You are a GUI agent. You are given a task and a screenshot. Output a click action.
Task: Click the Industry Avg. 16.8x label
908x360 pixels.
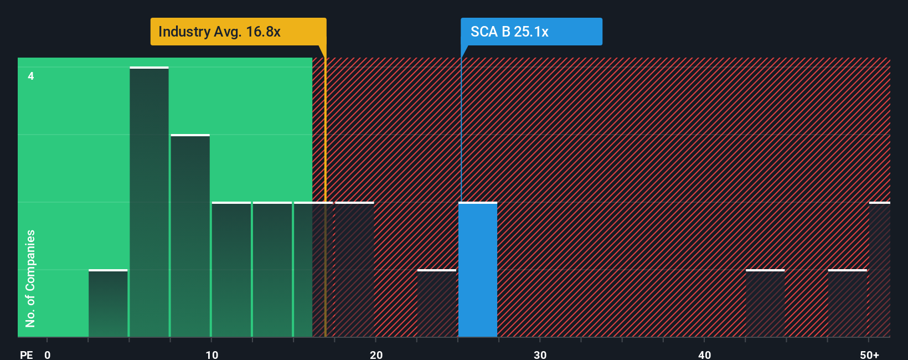point(219,32)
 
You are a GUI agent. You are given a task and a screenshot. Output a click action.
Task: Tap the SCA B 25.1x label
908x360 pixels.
point(509,32)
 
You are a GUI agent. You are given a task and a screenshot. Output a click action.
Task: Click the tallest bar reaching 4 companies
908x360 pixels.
point(149,202)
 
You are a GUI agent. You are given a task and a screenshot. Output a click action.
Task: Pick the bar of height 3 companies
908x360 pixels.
point(190,236)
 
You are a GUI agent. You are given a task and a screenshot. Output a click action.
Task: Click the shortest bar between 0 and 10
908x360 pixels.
point(108,304)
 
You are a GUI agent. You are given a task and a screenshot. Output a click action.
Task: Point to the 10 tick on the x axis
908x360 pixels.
point(212,354)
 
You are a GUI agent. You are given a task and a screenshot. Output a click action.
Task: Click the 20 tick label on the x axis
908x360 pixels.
point(376,354)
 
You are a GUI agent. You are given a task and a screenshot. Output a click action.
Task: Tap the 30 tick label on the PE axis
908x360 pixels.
point(540,354)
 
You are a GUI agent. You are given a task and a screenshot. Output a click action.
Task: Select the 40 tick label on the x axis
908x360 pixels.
point(704,354)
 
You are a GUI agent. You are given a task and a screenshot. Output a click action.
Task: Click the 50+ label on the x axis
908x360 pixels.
point(869,354)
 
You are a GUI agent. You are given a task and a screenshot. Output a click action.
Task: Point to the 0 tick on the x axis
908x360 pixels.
point(48,354)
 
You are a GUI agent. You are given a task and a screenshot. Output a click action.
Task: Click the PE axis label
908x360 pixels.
point(27,354)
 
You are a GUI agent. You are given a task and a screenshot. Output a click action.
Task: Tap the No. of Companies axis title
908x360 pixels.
point(30,278)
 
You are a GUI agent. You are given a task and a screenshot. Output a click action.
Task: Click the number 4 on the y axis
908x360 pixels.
point(31,76)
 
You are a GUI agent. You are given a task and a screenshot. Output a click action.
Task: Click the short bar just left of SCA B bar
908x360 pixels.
point(436,304)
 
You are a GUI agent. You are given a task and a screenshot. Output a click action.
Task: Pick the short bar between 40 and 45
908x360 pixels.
point(765,304)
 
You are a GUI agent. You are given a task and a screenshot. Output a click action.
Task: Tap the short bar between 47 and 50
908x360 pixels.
point(847,304)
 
